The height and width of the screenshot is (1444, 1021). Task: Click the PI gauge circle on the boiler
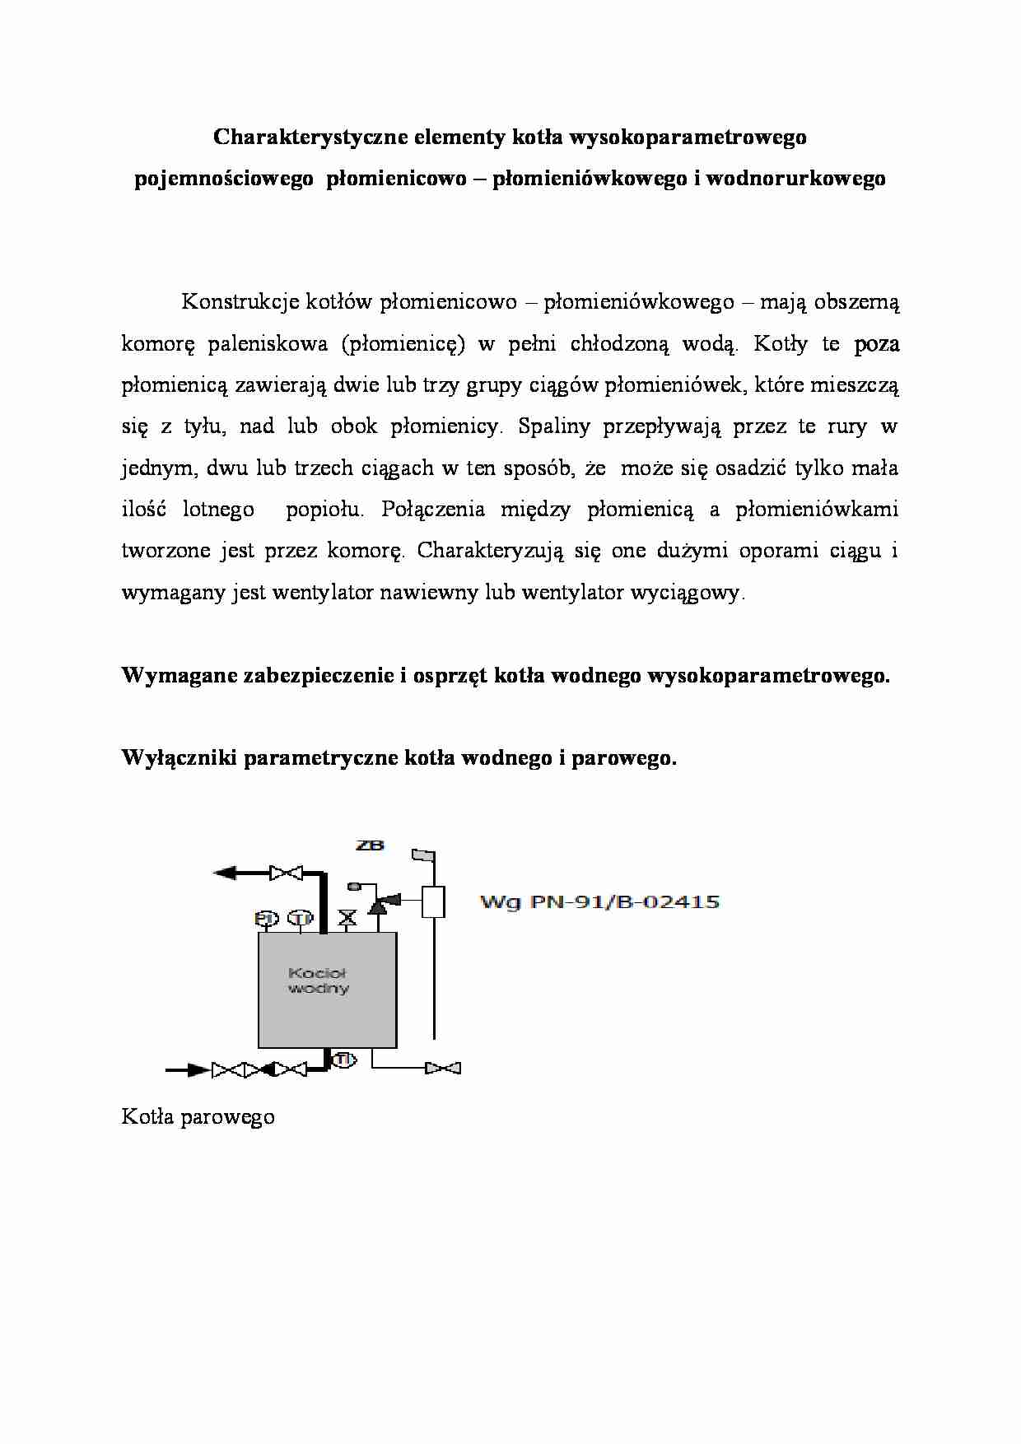click(x=265, y=918)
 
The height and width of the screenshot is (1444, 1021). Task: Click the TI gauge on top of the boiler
click(x=301, y=918)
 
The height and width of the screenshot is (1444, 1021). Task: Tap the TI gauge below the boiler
click(x=343, y=1060)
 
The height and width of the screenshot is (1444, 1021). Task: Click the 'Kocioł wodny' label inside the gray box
click(x=318, y=981)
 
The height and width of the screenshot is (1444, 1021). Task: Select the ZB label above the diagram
click(x=370, y=845)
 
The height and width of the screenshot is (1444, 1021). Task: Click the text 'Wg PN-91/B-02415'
click(x=599, y=902)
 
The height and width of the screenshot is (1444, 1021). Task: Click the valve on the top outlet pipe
click(x=287, y=873)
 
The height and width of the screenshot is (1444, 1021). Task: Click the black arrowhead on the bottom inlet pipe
click(x=198, y=1070)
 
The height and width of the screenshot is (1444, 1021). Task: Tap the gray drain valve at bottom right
click(x=443, y=1069)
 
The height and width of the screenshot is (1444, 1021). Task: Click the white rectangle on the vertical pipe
click(x=433, y=902)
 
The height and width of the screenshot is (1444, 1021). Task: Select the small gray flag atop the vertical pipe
click(x=423, y=856)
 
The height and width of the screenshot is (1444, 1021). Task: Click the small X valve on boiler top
click(x=348, y=918)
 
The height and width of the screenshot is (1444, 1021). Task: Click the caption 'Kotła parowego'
click(x=198, y=1117)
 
